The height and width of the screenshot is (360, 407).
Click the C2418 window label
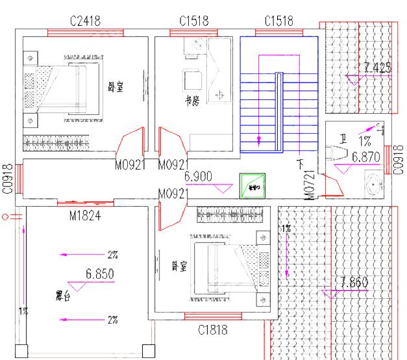85,21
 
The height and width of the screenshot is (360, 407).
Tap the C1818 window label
213,330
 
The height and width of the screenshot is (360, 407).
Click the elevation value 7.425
378,67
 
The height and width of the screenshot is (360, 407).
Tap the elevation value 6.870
365,157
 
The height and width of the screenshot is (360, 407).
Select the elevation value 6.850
100,274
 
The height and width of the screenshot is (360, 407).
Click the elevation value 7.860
354,282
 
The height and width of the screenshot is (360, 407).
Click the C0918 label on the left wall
8,179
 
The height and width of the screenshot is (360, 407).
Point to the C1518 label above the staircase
278,21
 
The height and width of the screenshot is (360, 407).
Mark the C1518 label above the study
194,21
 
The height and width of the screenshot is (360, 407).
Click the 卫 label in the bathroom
343,138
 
